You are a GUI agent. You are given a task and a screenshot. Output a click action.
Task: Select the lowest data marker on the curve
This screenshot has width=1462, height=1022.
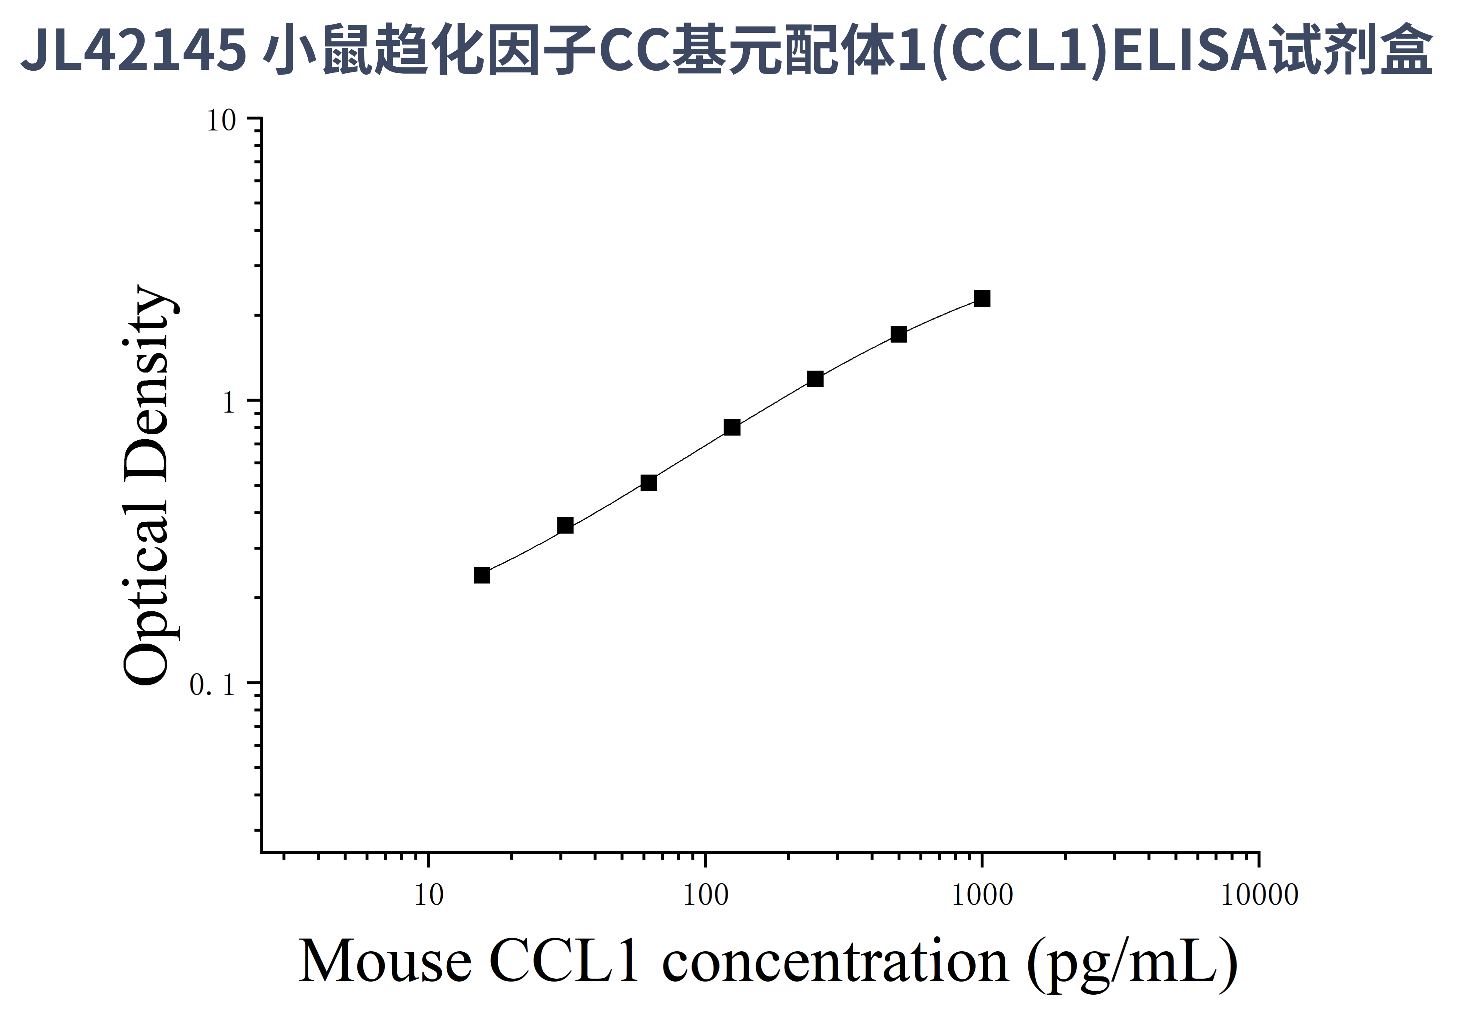[482, 575]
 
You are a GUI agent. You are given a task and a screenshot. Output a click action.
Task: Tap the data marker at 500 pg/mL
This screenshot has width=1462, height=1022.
[898, 334]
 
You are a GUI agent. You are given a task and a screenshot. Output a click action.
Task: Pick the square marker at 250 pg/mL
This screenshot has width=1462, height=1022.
[815, 379]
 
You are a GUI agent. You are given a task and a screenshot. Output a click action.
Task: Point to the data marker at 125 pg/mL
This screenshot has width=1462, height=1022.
[732, 427]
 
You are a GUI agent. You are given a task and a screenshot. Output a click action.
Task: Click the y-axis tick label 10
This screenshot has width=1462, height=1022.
[221, 121]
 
